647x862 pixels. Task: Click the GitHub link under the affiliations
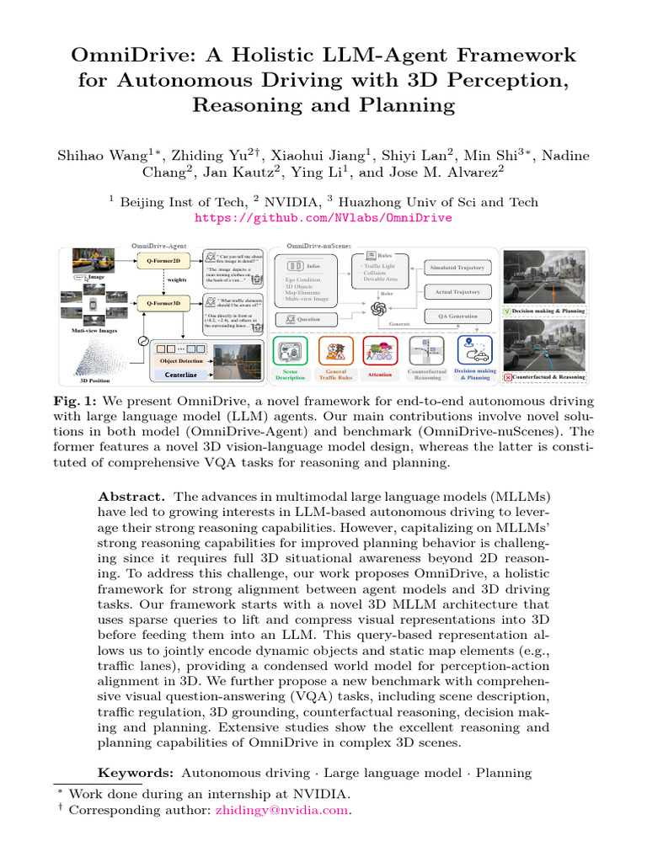coord(323,217)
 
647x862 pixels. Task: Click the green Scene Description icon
coord(291,350)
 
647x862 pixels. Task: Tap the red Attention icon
coord(380,350)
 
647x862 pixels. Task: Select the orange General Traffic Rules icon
coord(335,350)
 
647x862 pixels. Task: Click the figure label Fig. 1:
coord(74,402)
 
